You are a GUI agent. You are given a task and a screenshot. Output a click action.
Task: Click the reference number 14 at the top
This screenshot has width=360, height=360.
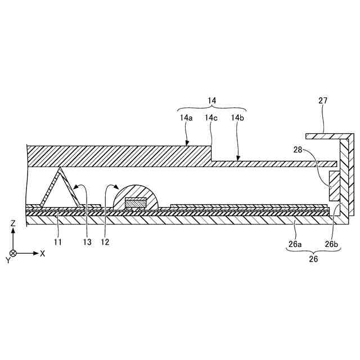pos(211,101)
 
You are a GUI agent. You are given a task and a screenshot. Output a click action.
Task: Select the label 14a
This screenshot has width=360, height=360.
pos(187,118)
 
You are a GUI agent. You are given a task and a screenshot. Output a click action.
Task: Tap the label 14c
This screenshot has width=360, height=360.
pos(211,118)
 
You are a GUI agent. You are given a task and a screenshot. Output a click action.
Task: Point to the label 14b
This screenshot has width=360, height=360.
pos(237,118)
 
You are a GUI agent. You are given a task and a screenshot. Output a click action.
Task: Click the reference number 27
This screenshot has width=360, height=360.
pos(322,101)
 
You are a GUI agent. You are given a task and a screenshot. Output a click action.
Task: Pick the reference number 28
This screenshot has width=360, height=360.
pos(298,150)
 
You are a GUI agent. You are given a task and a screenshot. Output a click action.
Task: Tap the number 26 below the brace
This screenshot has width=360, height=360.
pos(313,259)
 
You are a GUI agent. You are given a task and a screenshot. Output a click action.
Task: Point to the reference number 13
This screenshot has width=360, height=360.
pos(87,242)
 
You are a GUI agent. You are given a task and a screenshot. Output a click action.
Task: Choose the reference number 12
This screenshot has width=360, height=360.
pos(105,242)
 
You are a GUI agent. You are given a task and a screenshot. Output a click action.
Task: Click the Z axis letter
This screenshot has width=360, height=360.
pos(13,223)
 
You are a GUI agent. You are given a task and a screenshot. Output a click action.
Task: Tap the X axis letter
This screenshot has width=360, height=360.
pos(43,253)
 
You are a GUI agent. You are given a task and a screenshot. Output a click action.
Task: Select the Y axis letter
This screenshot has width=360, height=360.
pos(8,260)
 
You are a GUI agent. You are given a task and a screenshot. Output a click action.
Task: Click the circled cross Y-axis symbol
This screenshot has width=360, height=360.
pos(13,253)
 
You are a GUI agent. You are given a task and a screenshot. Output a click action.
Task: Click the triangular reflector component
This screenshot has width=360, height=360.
pos(60,188)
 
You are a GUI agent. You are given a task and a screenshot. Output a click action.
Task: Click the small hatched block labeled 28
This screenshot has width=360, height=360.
pos(334,187)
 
